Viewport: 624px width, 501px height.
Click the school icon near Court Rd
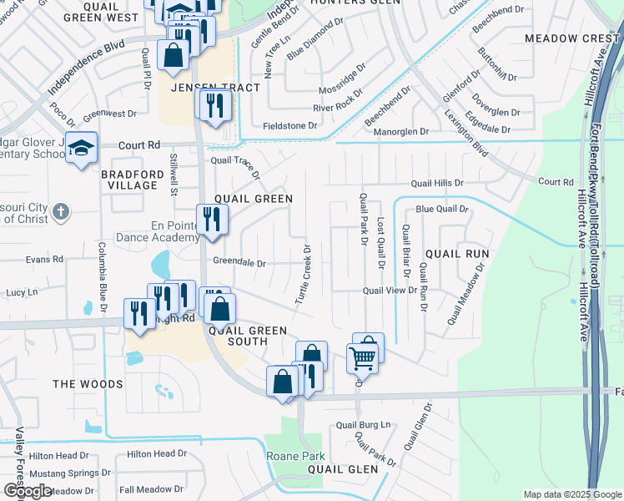[x=81, y=148]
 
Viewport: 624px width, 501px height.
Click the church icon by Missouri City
[x=60, y=211]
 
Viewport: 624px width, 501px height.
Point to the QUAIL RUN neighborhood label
[x=456, y=252]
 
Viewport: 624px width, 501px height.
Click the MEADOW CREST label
[x=571, y=38]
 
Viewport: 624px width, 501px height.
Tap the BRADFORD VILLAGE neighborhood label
[x=132, y=180]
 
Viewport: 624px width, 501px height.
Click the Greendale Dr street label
[x=239, y=262]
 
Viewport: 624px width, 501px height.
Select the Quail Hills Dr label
[x=436, y=183]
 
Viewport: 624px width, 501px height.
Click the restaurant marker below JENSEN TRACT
[x=214, y=105]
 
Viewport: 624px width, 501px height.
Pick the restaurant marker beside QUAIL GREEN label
[x=212, y=220]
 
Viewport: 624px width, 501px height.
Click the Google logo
[x=27, y=491]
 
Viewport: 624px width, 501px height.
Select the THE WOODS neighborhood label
[x=88, y=384]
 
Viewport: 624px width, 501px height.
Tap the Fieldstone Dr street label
[x=290, y=126]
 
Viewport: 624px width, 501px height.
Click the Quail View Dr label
[x=389, y=290]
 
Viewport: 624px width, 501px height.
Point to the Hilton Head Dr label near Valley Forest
[x=61, y=455]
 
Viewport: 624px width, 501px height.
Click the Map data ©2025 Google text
[x=572, y=494]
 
